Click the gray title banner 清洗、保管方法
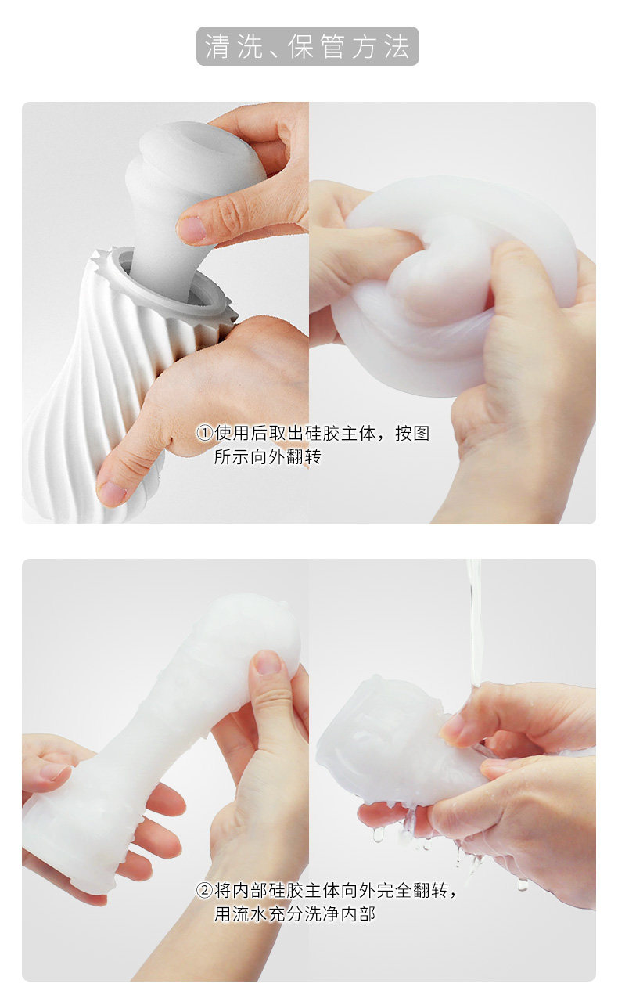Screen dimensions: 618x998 point(307,46)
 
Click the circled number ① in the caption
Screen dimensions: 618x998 point(204,433)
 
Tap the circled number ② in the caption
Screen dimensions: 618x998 point(204,890)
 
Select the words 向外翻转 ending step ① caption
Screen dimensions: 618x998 point(286,456)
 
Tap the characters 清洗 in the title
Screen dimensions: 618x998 point(233,46)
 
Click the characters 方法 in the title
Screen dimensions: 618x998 point(382,46)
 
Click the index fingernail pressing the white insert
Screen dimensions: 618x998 point(192,228)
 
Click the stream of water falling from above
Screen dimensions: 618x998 point(475,624)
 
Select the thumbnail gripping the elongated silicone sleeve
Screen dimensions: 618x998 point(268,662)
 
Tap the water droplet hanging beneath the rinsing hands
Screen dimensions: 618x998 point(378,834)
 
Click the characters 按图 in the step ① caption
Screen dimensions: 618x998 point(412,433)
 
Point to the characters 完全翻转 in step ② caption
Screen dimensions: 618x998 point(412,890)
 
